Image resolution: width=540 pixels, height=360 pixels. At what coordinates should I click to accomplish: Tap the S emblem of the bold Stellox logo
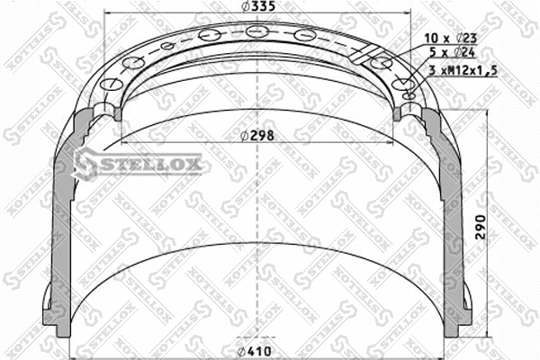[85, 163]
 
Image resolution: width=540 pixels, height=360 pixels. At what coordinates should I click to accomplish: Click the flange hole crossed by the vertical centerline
[258, 33]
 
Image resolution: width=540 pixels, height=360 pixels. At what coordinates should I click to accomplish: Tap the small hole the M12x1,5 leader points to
[407, 94]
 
